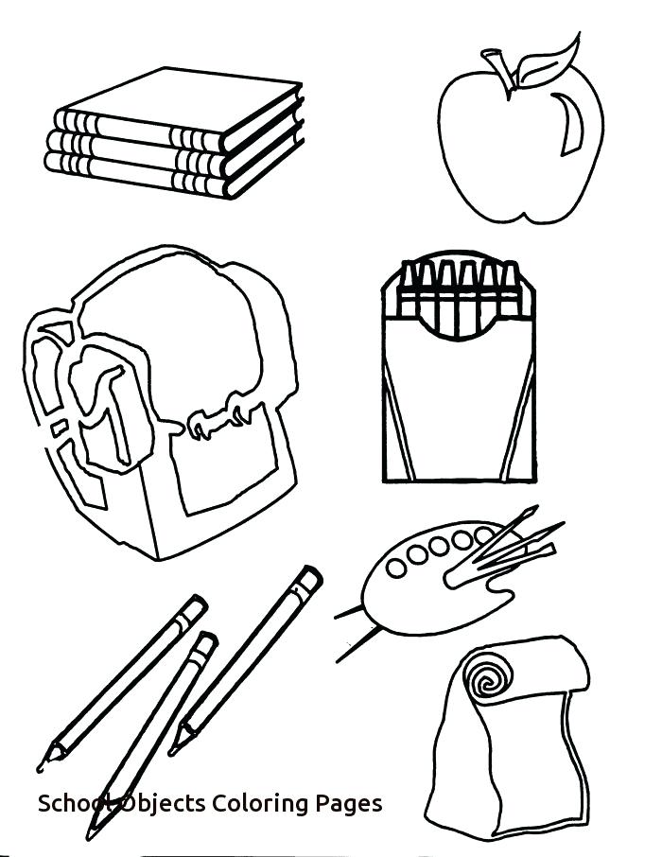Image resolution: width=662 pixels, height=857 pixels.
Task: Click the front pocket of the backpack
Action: (x=227, y=473)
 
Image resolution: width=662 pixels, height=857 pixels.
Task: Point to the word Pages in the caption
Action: (x=351, y=804)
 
